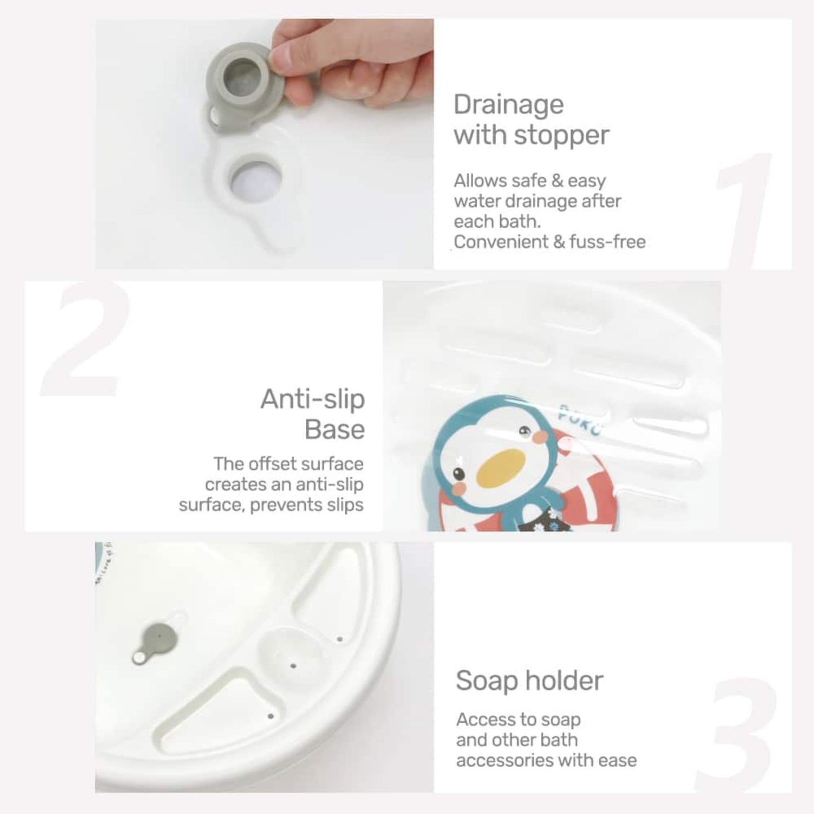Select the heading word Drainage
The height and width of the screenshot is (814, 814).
click(x=509, y=106)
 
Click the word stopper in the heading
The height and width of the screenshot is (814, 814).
click(x=562, y=136)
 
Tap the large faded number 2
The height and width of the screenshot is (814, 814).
click(x=84, y=340)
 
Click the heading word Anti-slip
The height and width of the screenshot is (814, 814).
click(x=313, y=399)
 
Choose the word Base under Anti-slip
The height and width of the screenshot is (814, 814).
click(x=335, y=430)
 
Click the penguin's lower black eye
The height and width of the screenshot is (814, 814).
click(x=459, y=474)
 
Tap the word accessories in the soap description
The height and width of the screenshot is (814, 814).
click(x=504, y=760)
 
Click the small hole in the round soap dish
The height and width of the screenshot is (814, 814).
click(x=293, y=666)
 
